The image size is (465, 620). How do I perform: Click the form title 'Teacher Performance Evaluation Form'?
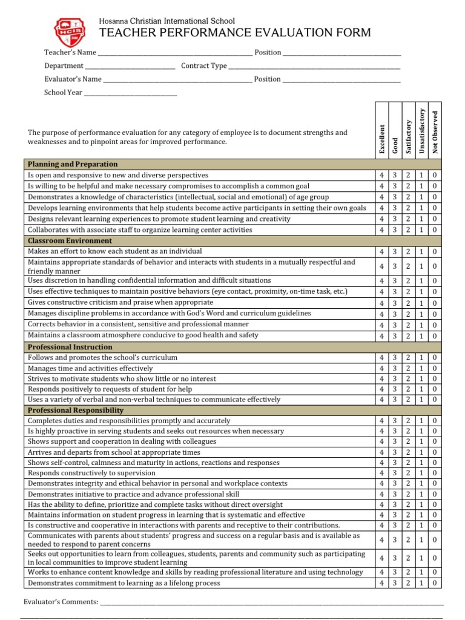[x=235, y=33]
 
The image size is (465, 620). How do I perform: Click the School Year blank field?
[x=130, y=93]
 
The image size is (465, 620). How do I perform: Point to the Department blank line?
[x=130, y=66]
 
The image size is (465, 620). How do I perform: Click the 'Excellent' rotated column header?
[x=381, y=138]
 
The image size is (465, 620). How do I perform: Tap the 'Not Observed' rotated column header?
[x=435, y=131]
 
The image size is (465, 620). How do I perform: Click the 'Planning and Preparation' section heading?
[x=73, y=164]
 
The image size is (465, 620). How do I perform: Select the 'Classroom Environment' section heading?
[x=70, y=241]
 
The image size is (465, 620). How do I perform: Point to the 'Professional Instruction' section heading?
[x=70, y=347]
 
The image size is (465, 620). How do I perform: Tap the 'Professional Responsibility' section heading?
[x=76, y=411]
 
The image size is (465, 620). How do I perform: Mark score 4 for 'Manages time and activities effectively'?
[x=381, y=368]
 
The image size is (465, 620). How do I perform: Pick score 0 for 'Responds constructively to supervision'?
[x=435, y=473]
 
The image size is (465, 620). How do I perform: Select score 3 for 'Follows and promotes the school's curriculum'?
[x=395, y=358]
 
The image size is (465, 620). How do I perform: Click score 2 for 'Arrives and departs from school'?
[x=408, y=452]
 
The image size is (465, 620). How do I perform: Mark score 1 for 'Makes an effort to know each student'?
[x=422, y=252]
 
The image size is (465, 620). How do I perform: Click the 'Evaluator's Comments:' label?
[x=60, y=602]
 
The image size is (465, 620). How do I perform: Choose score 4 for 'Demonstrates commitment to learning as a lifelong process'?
[x=381, y=583]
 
